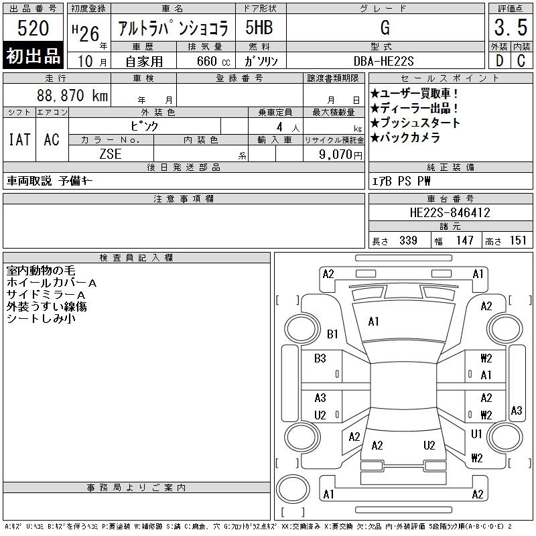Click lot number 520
(33, 28)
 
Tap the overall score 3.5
(511, 27)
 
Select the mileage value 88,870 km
(72, 95)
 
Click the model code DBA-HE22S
(383, 61)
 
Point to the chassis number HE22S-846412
(450, 212)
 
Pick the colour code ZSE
(111, 154)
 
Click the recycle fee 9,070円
(340, 155)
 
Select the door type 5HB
(259, 27)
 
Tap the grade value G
(385, 27)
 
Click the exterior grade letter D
(499, 61)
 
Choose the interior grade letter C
(521, 61)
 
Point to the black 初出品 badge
(33, 55)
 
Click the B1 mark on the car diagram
(332, 334)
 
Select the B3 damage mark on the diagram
(320, 358)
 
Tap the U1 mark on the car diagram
(476, 433)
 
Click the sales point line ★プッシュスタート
(415, 123)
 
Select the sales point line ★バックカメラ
(405, 137)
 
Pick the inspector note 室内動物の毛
(41, 271)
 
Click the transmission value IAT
(19, 139)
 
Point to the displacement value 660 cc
(213, 61)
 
